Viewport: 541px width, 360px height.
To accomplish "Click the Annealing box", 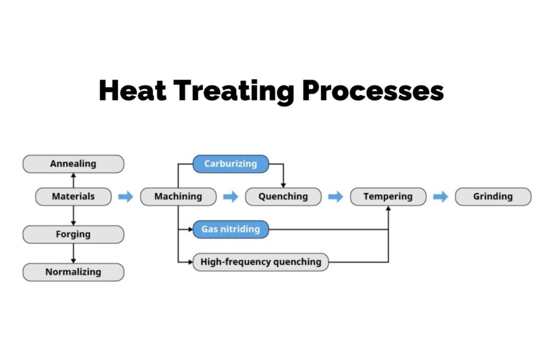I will [73, 164].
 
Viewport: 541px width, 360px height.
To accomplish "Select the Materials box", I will [73, 196].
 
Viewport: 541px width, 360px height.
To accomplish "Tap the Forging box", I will [73, 234].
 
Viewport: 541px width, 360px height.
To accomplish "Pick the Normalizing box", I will [73, 272].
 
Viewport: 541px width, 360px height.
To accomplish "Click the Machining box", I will [178, 196].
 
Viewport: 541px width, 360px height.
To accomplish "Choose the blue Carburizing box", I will [230, 164].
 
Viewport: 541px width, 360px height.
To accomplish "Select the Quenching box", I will [283, 196].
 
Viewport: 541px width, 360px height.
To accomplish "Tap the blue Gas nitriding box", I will [230, 229].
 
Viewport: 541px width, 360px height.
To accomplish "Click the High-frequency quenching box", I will [260, 262].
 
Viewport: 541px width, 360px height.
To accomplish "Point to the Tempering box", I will [388, 196].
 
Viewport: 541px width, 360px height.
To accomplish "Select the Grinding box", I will [493, 196].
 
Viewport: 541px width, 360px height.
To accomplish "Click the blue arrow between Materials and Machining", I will [126, 197].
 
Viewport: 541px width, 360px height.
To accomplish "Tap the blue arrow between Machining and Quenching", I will [231, 197].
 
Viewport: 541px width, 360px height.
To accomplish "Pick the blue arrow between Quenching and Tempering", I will [335, 197].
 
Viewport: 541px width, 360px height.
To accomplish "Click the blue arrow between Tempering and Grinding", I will [441, 197].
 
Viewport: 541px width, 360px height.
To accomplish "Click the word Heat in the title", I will [132, 90].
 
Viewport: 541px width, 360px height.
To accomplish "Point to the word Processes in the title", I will [372, 90].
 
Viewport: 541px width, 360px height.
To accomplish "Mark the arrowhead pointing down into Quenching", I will [283, 185].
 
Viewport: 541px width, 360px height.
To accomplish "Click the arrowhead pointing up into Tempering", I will [388, 209].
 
